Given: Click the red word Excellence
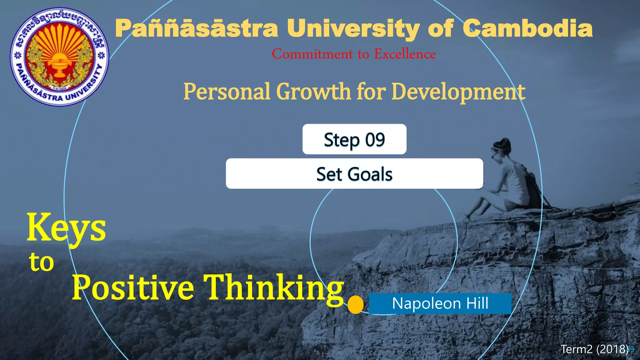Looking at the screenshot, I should [x=405, y=54].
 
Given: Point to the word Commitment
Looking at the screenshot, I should [x=312, y=54].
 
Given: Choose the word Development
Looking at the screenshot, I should [x=458, y=92].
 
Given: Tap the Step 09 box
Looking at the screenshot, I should [x=354, y=139].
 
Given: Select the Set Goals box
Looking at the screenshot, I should [x=354, y=174].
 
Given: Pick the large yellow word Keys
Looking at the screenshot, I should [x=66, y=227].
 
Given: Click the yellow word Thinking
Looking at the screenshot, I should [x=274, y=287].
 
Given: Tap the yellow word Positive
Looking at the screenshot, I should [x=133, y=287].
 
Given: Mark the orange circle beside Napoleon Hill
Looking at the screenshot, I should [x=356, y=304].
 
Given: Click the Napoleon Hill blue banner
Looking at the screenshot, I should [x=440, y=303].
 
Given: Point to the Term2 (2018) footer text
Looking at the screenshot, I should [x=594, y=349].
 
